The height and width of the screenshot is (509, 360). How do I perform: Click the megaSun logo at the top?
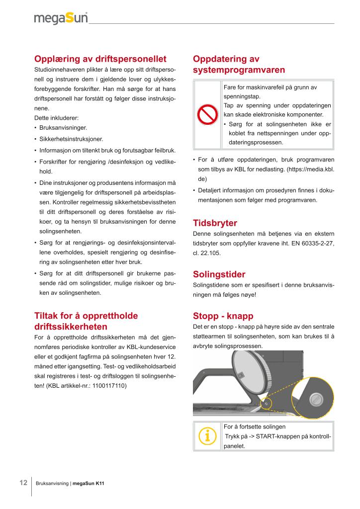[61, 18]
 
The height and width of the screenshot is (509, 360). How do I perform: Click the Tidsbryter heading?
[215, 223]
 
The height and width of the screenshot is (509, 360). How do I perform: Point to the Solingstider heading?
[219, 274]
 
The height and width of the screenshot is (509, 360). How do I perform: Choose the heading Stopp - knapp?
[223, 316]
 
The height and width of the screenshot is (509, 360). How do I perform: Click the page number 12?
[23, 483]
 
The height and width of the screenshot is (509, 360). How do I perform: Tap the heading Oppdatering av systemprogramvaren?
[239, 65]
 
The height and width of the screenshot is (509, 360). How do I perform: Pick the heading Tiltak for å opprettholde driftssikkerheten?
[86, 321]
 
